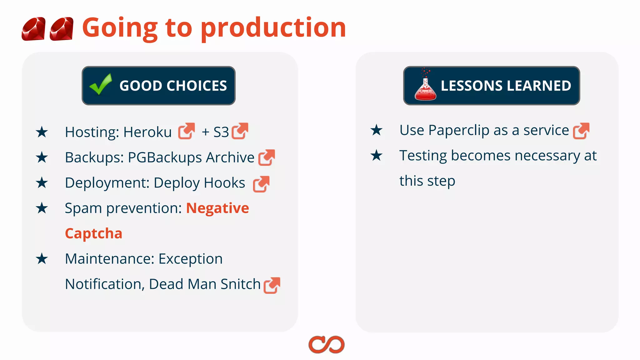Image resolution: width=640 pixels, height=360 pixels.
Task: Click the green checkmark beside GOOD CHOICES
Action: pyautogui.click(x=101, y=84)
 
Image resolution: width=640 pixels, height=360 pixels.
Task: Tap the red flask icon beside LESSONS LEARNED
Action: pyautogui.click(x=425, y=87)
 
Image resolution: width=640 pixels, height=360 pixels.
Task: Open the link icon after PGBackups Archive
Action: pyautogui.click(x=267, y=157)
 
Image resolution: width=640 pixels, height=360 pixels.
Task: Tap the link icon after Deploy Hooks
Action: pyautogui.click(x=261, y=184)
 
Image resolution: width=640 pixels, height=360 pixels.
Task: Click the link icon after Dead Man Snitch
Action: pyautogui.click(x=272, y=285)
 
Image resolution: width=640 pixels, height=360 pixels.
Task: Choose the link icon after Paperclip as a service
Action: pyautogui.click(x=581, y=131)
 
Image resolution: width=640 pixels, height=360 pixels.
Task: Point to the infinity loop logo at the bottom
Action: pyautogui.click(x=326, y=345)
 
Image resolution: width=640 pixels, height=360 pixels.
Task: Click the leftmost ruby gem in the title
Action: pyautogui.click(x=33, y=29)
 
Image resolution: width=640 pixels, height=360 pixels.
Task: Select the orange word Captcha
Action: pyautogui.click(x=93, y=234)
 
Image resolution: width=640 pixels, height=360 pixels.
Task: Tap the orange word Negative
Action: pyautogui.click(x=217, y=208)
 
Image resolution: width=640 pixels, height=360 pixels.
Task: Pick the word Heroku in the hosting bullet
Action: pyautogui.click(x=147, y=132)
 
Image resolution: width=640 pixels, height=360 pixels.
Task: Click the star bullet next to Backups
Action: pyautogui.click(x=42, y=157)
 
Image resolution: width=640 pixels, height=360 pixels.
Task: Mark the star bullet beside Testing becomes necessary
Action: pyautogui.click(x=377, y=155)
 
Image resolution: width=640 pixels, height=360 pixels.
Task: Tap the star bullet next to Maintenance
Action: pyautogui.click(x=42, y=259)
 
